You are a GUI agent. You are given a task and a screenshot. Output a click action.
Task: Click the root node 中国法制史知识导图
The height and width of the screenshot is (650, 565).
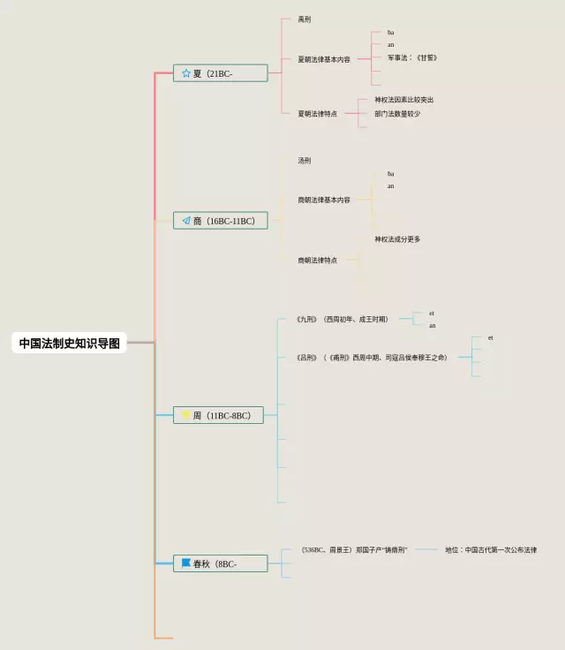tap(70, 343)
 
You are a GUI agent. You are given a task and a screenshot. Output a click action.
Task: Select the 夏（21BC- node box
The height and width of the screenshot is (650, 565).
tap(220, 73)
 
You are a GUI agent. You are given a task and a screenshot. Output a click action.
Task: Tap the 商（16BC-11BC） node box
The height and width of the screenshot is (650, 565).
tap(220, 221)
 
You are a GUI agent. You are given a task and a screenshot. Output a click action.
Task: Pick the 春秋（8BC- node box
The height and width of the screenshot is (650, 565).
tap(220, 563)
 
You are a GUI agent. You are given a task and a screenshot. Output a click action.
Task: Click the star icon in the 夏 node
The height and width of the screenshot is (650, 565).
tap(186, 73)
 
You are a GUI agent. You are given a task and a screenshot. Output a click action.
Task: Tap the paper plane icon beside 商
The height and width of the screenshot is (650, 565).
tap(186, 221)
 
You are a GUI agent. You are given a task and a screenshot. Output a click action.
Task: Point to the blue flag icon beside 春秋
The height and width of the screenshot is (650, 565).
tap(186, 563)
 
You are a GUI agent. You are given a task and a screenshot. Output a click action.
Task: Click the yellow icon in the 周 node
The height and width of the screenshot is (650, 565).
tap(186, 415)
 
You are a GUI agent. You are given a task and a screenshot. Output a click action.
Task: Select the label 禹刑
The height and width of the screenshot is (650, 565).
tap(305, 19)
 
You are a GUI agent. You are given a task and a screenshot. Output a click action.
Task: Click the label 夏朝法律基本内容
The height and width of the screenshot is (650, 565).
tap(324, 59)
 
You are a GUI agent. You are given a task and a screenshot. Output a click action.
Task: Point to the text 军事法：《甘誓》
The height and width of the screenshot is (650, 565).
tap(412, 57)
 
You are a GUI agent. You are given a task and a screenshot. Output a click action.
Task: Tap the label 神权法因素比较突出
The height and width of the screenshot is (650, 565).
tap(403, 100)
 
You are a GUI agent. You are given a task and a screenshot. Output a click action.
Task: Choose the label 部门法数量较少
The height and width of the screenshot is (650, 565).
tap(397, 114)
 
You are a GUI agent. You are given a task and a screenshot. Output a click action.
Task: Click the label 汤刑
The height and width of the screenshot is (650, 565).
tap(305, 161)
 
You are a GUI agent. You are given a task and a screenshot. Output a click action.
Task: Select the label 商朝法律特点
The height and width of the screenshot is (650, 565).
tap(318, 261)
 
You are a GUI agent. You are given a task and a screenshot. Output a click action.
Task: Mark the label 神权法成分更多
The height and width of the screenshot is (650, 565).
tap(397, 239)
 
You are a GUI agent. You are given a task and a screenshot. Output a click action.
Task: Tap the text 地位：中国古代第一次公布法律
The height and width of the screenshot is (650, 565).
tap(491, 550)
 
